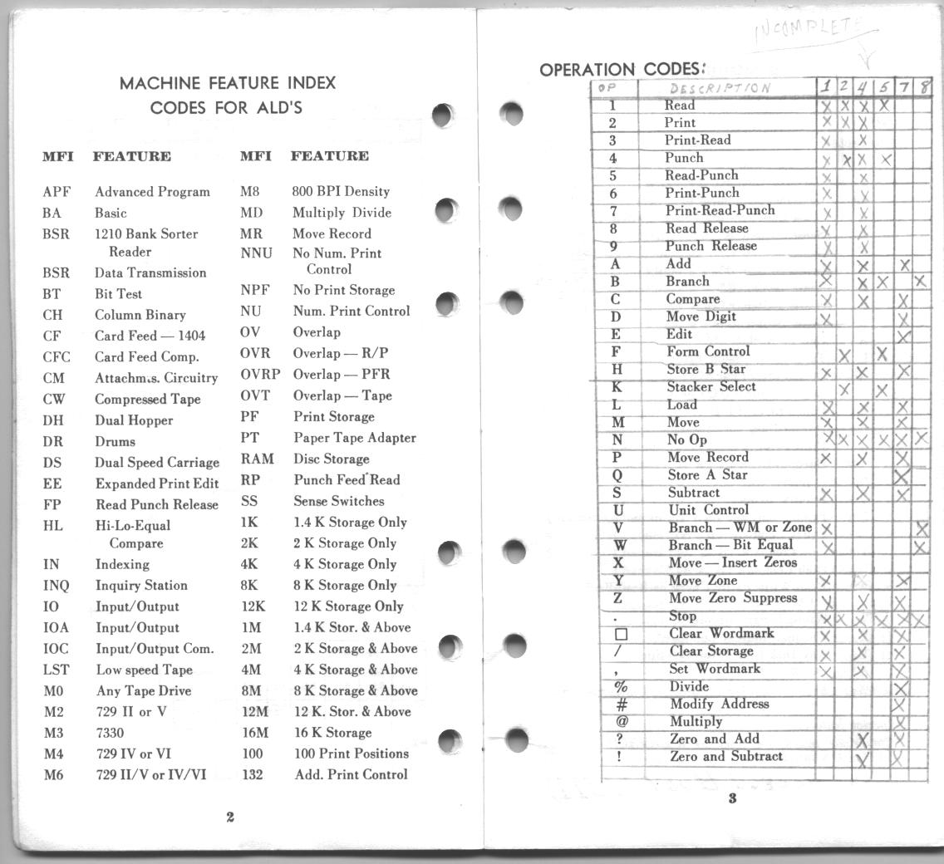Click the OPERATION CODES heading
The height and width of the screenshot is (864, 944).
[x=622, y=69]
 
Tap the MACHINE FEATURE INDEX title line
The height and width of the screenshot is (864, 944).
[x=228, y=83]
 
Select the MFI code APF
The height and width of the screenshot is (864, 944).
[x=57, y=192]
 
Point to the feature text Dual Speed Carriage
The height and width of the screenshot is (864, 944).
[x=157, y=463]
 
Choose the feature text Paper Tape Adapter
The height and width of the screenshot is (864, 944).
[x=355, y=438]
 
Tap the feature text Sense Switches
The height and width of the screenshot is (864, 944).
[x=338, y=501]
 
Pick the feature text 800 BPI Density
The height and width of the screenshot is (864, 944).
[x=341, y=191]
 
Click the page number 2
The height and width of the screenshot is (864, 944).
[x=230, y=817]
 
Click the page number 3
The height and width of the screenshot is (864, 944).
[x=732, y=800]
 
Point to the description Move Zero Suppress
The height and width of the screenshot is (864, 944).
[x=732, y=598]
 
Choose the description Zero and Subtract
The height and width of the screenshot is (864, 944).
[x=726, y=757]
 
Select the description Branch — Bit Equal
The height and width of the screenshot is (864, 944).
[x=730, y=545]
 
